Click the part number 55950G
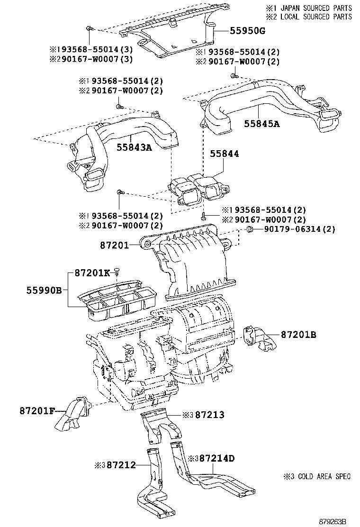(248, 31)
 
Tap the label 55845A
(262, 124)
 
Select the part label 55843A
(135, 147)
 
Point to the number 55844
(225, 154)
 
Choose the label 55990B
(45, 290)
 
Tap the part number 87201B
(298, 335)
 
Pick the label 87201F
(37, 410)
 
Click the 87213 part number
(209, 415)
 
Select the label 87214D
(217, 458)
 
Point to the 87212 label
(121, 465)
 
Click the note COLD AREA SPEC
(324, 476)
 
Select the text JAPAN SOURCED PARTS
(316, 8)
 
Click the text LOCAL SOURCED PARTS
(316, 17)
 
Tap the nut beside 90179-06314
(249, 229)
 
